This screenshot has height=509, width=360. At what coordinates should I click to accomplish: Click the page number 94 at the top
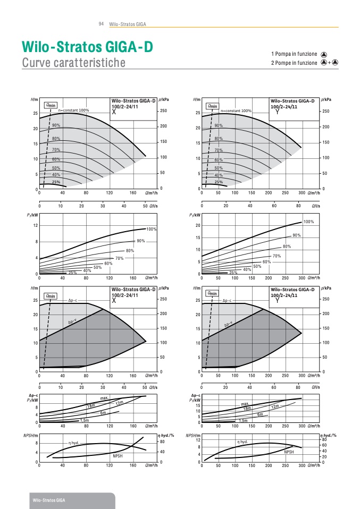point(101,24)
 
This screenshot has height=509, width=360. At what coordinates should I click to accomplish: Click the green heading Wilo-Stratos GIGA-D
point(87,47)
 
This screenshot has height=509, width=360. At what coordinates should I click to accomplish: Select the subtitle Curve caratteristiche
point(73,63)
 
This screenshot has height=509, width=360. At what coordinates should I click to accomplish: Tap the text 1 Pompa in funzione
point(294,54)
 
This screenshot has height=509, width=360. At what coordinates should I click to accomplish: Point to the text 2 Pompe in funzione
point(294,63)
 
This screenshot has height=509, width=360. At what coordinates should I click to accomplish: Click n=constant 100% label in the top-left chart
point(73,111)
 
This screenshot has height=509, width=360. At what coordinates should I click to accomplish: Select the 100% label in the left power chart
point(151,229)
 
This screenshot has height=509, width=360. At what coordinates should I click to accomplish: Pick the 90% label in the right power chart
point(297,235)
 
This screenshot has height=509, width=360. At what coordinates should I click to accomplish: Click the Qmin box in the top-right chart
point(213,106)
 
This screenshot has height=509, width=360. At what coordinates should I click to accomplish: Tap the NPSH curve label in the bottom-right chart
point(289,452)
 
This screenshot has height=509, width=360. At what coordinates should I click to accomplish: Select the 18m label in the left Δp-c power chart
point(91,406)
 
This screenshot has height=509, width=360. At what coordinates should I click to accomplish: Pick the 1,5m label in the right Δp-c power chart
point(243,421)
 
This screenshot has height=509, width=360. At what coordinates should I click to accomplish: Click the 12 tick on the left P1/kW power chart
point(35,226)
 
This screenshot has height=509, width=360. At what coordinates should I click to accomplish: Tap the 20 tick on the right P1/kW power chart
point(197,226)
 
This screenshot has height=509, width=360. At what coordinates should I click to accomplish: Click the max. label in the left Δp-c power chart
point(104,398)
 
